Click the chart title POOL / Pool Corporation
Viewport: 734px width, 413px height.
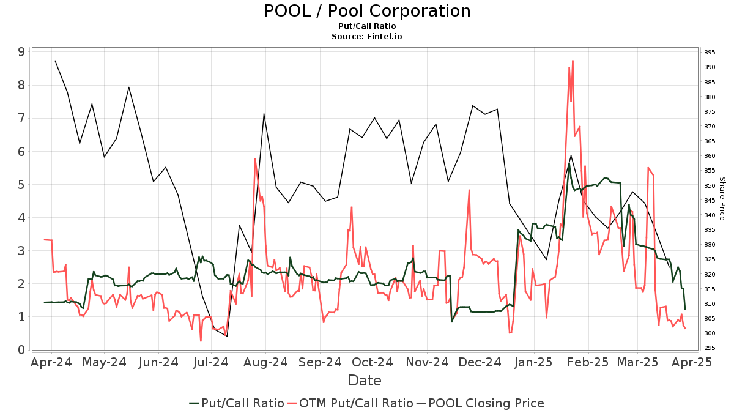click(x=367, y=11)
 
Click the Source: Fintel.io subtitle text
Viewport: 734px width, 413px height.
click(x=367, y=36)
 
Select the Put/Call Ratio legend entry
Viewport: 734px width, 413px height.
click(x=236, y=403)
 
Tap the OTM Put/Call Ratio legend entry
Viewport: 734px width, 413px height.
click(x=350, y=403)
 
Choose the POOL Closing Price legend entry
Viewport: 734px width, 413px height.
click(x=480, y=403)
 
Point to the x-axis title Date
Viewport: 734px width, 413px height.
click(x=365, y=381)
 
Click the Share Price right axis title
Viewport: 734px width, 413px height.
click(x=722, y=199)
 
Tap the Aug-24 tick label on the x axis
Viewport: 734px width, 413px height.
click(x=265, y=362)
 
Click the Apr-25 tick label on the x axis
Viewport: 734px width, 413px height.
click(x=691, y=362)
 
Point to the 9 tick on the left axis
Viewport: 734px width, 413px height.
click(x=21, y=52)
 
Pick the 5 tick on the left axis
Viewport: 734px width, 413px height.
click(x=21, y=185)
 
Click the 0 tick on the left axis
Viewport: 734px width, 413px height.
click(x=21, y=350)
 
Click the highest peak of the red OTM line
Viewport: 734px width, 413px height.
click(x=573, y=61)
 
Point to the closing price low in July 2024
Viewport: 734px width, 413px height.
click(x=227, y=336)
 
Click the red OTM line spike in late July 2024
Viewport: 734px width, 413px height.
click(x=255, y=158)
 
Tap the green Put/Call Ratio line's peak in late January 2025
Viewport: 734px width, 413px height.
click(x=569, y=163)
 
